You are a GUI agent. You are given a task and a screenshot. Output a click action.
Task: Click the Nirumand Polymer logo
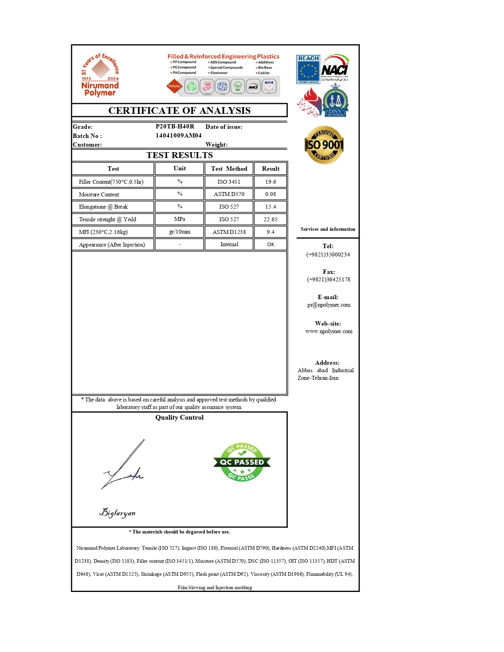tap(100, 75)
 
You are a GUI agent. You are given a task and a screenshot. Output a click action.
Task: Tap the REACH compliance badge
tap(308, 70)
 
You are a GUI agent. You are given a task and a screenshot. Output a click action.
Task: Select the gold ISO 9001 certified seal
tap(324, 145)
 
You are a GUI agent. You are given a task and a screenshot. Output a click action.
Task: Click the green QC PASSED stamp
tap(242, 462)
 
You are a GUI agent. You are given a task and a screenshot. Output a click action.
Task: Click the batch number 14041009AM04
tap(178, 136)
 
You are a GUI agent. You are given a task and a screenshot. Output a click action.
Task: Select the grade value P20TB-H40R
tap(175, 126)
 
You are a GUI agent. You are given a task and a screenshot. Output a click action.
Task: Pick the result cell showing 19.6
tap(270, 182)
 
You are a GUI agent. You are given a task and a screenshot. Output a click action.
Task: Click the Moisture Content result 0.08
tap(270, 194)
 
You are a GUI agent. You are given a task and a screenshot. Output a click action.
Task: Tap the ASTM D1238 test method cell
tap(229, 232)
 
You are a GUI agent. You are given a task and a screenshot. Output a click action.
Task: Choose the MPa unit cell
tap(179, 219)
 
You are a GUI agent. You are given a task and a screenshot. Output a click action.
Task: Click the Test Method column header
tap(229, 169)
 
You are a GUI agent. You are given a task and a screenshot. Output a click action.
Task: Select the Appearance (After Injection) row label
tap(112, 245)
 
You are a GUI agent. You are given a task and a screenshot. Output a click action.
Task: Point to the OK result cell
tap(270, 245)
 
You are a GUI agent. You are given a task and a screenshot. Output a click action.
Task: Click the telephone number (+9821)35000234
tap(328, 254)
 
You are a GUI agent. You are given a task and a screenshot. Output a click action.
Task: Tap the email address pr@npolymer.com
tap(328, 305)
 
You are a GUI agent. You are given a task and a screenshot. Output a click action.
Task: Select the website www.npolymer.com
tap(328, 331)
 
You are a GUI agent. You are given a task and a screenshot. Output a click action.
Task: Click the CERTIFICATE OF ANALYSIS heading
tap(179, 110)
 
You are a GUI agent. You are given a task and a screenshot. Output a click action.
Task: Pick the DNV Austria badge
tap(335, 102)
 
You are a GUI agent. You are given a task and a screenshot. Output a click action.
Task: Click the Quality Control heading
tap(179, 417)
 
